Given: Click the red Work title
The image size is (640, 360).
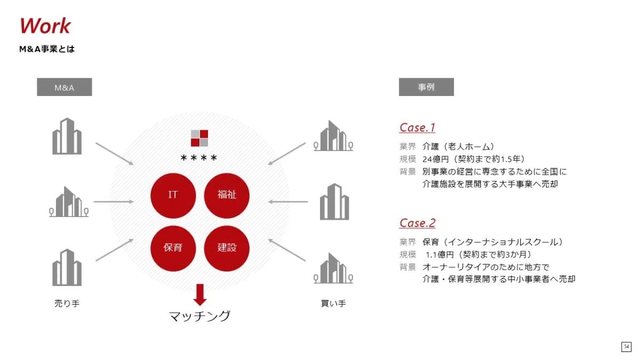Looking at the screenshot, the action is (x=45, y=26).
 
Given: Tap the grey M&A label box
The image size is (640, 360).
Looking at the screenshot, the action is (x=65, y=87).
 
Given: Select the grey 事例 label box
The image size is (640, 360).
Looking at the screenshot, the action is (x=426, y=87).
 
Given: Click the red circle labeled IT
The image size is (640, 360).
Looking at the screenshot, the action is (x=173, y=196).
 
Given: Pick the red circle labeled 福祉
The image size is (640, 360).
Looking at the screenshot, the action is (x=227, y=196).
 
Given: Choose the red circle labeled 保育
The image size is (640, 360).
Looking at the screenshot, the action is (x=173, y=249).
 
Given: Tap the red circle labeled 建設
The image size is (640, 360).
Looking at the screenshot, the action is (x=227, y=249).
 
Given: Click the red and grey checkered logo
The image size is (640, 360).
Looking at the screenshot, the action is (x=199, y=138).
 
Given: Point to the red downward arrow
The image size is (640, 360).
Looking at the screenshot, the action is (x=199, y=295).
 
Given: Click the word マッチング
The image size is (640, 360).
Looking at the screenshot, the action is (x=199, y=316).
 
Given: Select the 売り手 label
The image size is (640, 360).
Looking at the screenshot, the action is (x=67, y=303).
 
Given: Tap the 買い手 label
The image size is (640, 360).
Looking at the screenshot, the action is (x=333, y=303).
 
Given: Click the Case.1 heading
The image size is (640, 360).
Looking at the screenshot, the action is (x=417, y=127).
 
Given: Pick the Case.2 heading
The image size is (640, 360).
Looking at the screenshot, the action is (x=417, y=223).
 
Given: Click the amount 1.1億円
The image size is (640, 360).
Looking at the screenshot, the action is (x=439, y=254).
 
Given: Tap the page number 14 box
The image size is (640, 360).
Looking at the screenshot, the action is (x=626, y=347).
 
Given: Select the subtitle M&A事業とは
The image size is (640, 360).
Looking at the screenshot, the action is (x=47, y=49).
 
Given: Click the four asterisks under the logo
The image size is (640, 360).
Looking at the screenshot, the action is (x=199, y=158).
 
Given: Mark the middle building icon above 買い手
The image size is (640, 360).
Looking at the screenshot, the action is (x=334, y=202).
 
